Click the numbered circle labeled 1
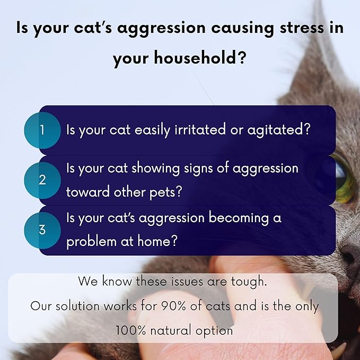tap(42, 130)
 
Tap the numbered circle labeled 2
tap(42, 180)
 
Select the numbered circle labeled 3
tap(42, 230)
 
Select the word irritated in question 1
tap(203, 130)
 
